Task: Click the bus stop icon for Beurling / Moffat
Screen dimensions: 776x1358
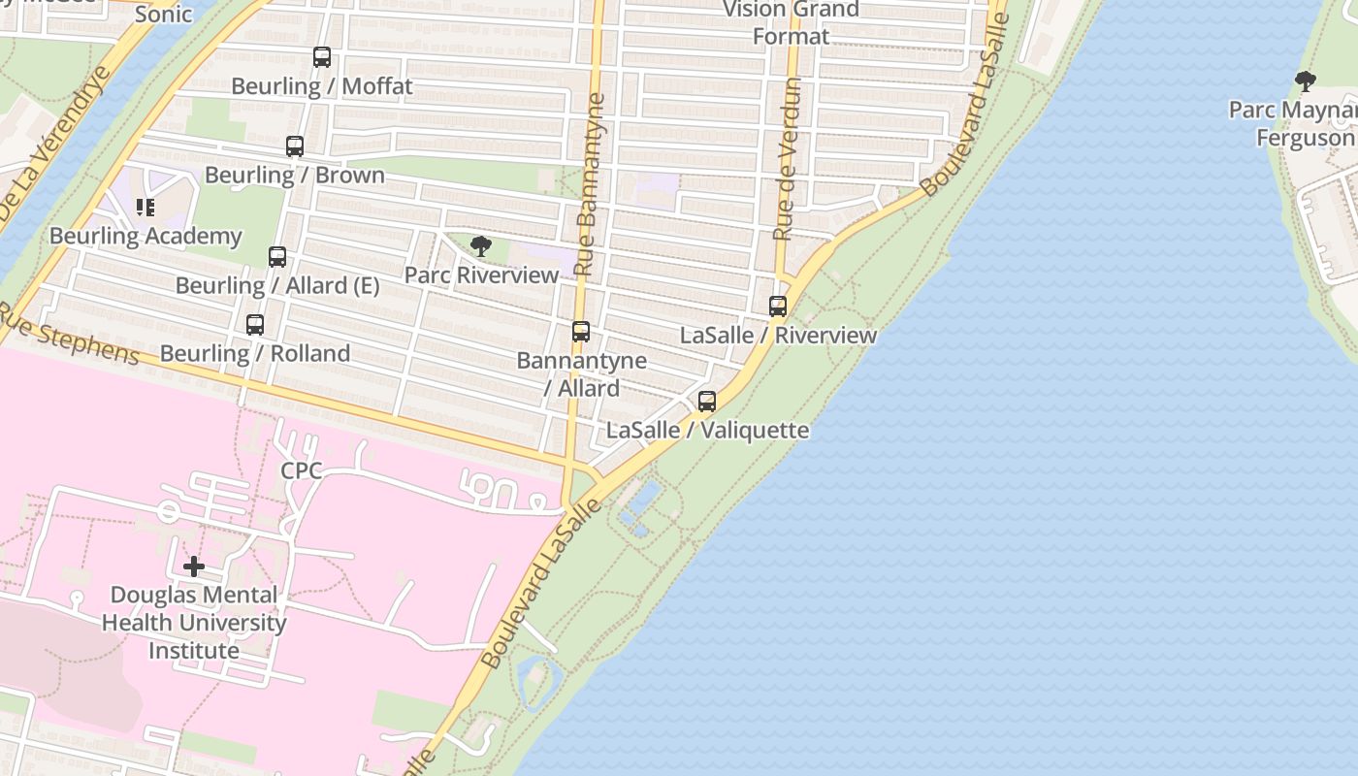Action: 322,57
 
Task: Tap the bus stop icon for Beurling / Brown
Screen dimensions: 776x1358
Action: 295,146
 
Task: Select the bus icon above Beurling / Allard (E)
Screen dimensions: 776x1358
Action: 277,257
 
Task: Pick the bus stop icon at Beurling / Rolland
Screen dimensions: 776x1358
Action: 255,325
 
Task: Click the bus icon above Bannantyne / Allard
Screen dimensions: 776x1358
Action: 581,332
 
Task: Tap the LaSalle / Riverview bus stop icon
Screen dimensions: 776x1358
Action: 778,307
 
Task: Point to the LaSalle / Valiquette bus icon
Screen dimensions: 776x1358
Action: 707,401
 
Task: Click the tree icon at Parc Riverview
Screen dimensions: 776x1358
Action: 480,246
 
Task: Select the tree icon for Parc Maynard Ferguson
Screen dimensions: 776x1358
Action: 1306,81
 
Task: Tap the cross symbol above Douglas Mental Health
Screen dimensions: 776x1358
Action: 194,566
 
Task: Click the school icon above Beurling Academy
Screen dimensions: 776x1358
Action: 145,207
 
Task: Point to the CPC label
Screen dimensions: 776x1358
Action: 301,471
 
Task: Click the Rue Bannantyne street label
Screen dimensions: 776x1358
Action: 589,184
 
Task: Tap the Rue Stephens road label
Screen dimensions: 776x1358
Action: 70,336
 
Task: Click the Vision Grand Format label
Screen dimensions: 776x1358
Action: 792,23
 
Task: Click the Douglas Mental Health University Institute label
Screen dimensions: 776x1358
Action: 194,623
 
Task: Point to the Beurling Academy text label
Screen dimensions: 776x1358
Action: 145,236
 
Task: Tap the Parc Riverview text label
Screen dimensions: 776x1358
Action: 482,275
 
